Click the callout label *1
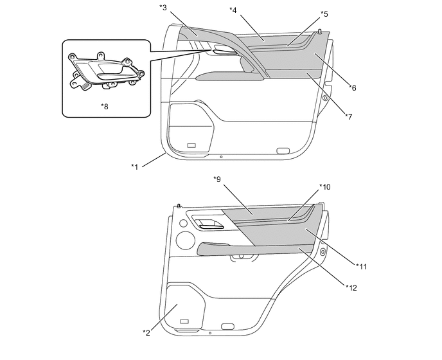[x=135, y=166]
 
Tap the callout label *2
[x=146, y=332]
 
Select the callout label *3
[x=163, y=8]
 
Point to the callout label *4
[x=233, y=10]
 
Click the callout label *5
[x=324, y=14]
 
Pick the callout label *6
[x=353, y=88]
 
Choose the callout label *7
[x=349, y=116]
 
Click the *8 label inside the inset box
[x=105, y=107]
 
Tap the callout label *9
[x=217, y=179]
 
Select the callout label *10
[x=325, y=187]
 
